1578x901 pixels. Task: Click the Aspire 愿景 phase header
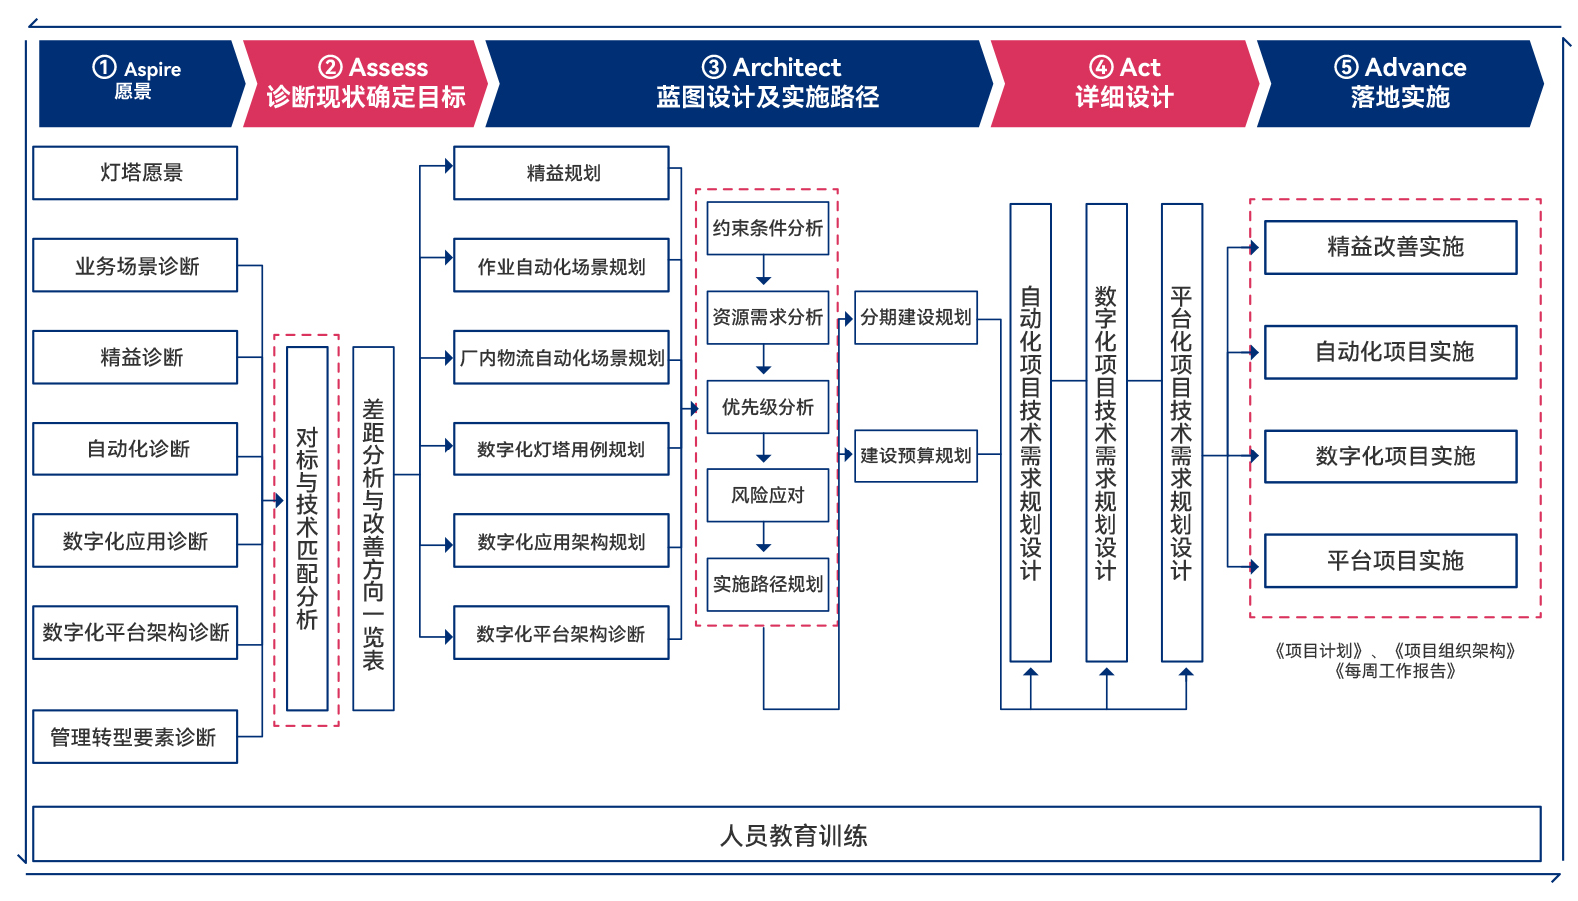[x=138, y=83]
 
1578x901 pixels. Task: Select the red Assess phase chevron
[x=365, y=83]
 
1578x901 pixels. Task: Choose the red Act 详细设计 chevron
[x=1124, y=83]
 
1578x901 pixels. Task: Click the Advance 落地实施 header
[x=1399, y=83]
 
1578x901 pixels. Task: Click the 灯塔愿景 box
[x=135, y=173]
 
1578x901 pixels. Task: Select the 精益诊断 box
[x=135, y=357]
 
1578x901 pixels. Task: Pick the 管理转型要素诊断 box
[x=135, y=737]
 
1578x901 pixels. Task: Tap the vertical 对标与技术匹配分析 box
[x=307, y=528]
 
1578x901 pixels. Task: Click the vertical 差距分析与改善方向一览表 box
[x=373, y=528]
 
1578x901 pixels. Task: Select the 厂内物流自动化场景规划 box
[x=561, y=357]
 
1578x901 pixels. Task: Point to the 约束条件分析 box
[x=768, y=228]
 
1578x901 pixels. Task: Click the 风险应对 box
[x=768, y=495]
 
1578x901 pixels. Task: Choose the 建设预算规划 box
[x=916, y=455]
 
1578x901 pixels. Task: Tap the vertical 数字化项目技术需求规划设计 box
[x=1106, y=433]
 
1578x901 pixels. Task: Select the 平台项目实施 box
[x=1390, y=561]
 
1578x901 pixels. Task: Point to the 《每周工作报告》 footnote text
[x=1394, y=671]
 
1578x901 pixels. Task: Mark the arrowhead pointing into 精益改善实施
[x=1254, y=247]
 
